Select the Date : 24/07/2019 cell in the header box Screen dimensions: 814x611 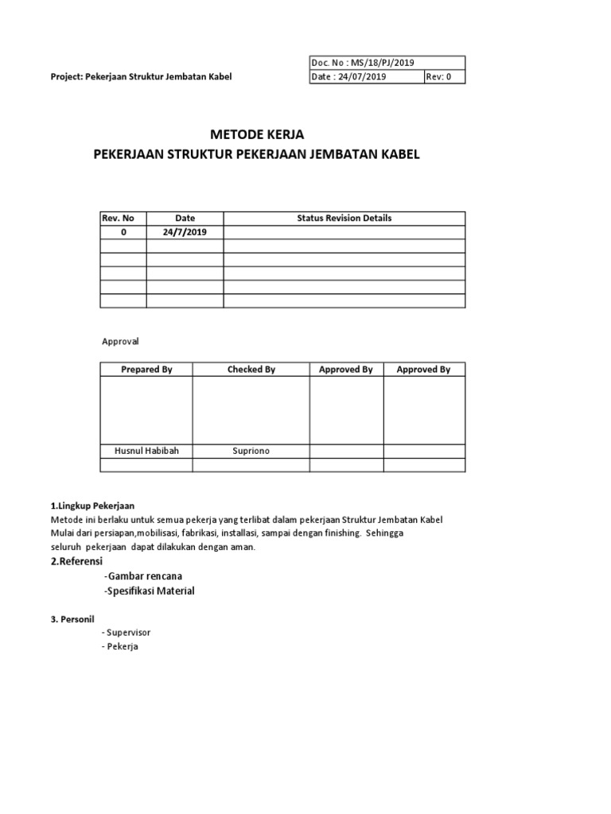tap(351, 77)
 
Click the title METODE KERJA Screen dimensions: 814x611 tap(257, 135)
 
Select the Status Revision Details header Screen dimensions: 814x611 tap(344, 218)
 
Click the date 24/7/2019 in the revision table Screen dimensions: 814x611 tap(185, 231)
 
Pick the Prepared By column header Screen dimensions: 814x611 tap(146, 370)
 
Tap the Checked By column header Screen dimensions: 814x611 tap(251, 370)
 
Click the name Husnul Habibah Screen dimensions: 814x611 tap(146, 451)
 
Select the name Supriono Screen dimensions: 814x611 tap(251, 451)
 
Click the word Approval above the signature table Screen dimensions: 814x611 tap(120, 341)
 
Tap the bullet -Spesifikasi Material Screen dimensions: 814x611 tap(149, 591)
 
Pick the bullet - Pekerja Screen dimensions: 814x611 tap(120, 646)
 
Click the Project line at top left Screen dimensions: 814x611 tap(141, 77)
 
